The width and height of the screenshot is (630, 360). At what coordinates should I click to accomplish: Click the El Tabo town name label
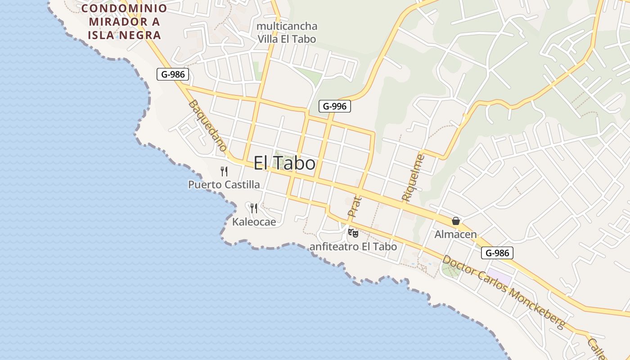(x=284, y=163)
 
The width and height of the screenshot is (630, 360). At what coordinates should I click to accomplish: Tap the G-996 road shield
(x=334, y=106)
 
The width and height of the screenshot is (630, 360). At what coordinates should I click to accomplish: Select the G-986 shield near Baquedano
(x=172, y=74)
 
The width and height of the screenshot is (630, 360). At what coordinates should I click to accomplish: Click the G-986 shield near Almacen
(x=497, y=253)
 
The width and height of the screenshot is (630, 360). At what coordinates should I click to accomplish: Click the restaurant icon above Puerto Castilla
(x=224, y=171)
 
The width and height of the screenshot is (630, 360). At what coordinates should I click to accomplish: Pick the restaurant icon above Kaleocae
(x=254, y=208)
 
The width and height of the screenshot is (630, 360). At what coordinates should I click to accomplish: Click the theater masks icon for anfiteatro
(x=353, y=233)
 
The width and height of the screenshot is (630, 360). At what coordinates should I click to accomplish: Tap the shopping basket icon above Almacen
(x=456, y=221)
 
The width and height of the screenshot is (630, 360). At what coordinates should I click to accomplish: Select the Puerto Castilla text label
(x=224, y=184)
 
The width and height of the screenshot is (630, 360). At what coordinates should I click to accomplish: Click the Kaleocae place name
(x=254, y=222)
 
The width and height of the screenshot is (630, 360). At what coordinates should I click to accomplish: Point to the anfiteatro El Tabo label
(x=353, y=247)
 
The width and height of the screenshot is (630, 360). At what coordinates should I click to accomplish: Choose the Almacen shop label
(x=455, y=234)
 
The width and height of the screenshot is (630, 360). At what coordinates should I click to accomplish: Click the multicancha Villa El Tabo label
(x=287, y=32)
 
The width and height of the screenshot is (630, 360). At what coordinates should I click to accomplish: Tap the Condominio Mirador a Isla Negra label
(x=124, y=22)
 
